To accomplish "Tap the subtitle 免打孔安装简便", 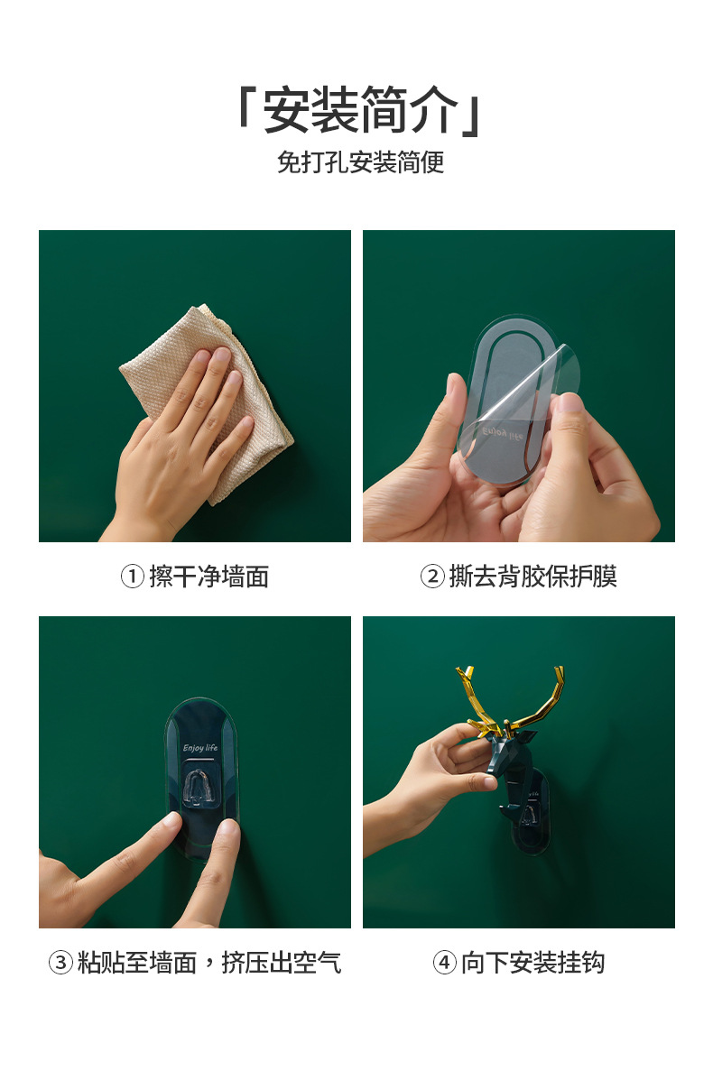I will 360,162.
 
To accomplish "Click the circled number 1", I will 133,577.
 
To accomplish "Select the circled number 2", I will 432,577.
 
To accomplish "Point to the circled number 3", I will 60,963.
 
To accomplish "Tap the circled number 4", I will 444,963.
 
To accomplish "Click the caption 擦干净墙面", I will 208,577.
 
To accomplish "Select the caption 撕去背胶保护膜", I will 532,577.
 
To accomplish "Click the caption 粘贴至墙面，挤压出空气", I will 209,963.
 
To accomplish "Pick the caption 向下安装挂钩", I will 532,963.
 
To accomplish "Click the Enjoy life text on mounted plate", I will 199,748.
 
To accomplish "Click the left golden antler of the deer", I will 475,699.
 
